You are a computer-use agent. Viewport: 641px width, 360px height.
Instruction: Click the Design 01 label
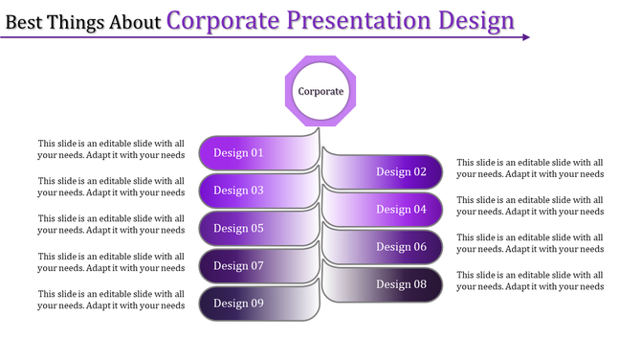click(x=238, y=153)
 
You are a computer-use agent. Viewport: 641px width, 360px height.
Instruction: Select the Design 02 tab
click(x=401, y=172)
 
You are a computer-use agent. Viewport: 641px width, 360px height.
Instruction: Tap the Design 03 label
click(x=238, y=191)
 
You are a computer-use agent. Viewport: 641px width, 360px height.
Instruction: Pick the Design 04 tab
click(x=401, y=210)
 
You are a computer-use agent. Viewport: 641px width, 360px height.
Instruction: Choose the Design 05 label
click(x=238, y=229)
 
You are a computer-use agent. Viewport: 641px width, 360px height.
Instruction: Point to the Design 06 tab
click(x=401, y=247)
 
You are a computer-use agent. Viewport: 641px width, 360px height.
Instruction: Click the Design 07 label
click(x=238, y=266)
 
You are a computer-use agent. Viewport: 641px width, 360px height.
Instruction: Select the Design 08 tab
click(x=401, y=284)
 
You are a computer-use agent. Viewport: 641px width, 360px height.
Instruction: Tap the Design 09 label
click(x=238, y=304)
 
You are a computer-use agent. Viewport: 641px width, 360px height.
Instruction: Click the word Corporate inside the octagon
click(x=320, y=92)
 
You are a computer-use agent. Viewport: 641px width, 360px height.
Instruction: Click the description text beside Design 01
click(x=111, y=148)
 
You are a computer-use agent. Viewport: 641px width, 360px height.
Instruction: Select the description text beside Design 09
click(x=111, y=300)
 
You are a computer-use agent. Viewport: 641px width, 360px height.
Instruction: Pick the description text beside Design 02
click(x=530, y=169)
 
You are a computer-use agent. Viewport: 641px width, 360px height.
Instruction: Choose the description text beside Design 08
click(x=530, y=281)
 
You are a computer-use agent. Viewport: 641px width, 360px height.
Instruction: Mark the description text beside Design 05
click(x=111, y=224)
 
